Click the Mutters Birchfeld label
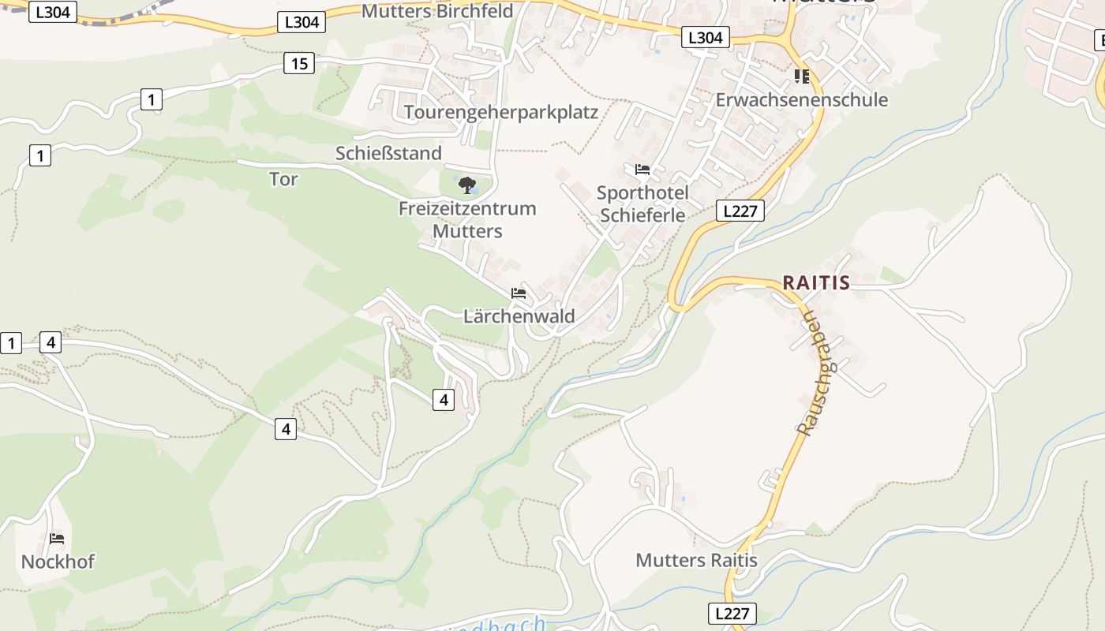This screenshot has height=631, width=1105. (436, 11)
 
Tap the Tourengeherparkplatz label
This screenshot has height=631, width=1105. (501, 112)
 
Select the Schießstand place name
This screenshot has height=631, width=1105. (388, 153)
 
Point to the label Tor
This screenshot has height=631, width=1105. (283, 179)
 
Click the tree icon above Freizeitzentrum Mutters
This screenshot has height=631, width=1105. (467, 185)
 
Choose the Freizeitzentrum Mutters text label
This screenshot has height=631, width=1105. (467, 220)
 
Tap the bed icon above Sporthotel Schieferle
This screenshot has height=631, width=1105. (642, 170)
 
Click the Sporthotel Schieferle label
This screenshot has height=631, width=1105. (642, 203)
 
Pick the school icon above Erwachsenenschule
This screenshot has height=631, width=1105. (802, 77)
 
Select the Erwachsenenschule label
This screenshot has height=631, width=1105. (801, 100)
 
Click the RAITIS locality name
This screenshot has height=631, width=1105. (816, 283)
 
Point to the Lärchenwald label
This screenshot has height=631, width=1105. (519, 316)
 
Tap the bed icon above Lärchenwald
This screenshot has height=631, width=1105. (519, 293)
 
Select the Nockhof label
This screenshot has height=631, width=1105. (58, 562)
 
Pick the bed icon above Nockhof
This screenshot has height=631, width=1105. (57, 539)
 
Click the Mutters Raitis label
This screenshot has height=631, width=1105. (696, 560)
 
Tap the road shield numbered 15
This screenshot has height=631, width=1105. (299, 63)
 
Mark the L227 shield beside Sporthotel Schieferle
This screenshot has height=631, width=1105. (740, 211)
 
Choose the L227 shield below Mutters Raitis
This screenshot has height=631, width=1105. (732, 614)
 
